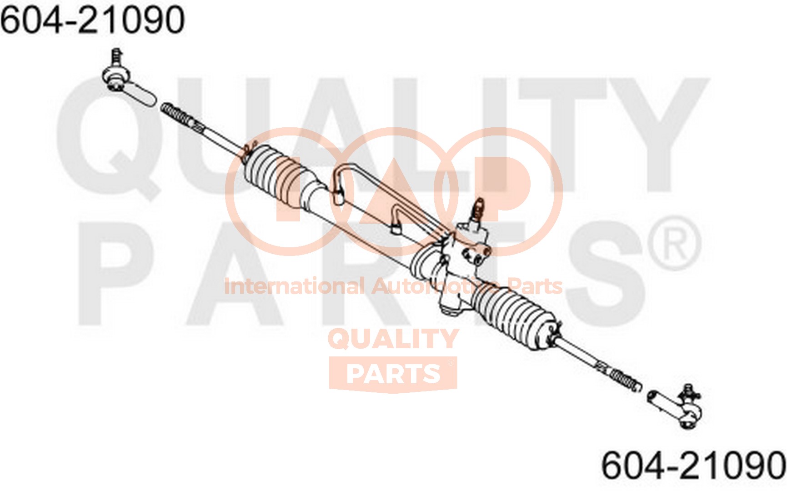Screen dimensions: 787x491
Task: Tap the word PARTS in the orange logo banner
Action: (x=393, y=374)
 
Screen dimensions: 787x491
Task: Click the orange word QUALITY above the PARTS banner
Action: (x=393, y=339)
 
